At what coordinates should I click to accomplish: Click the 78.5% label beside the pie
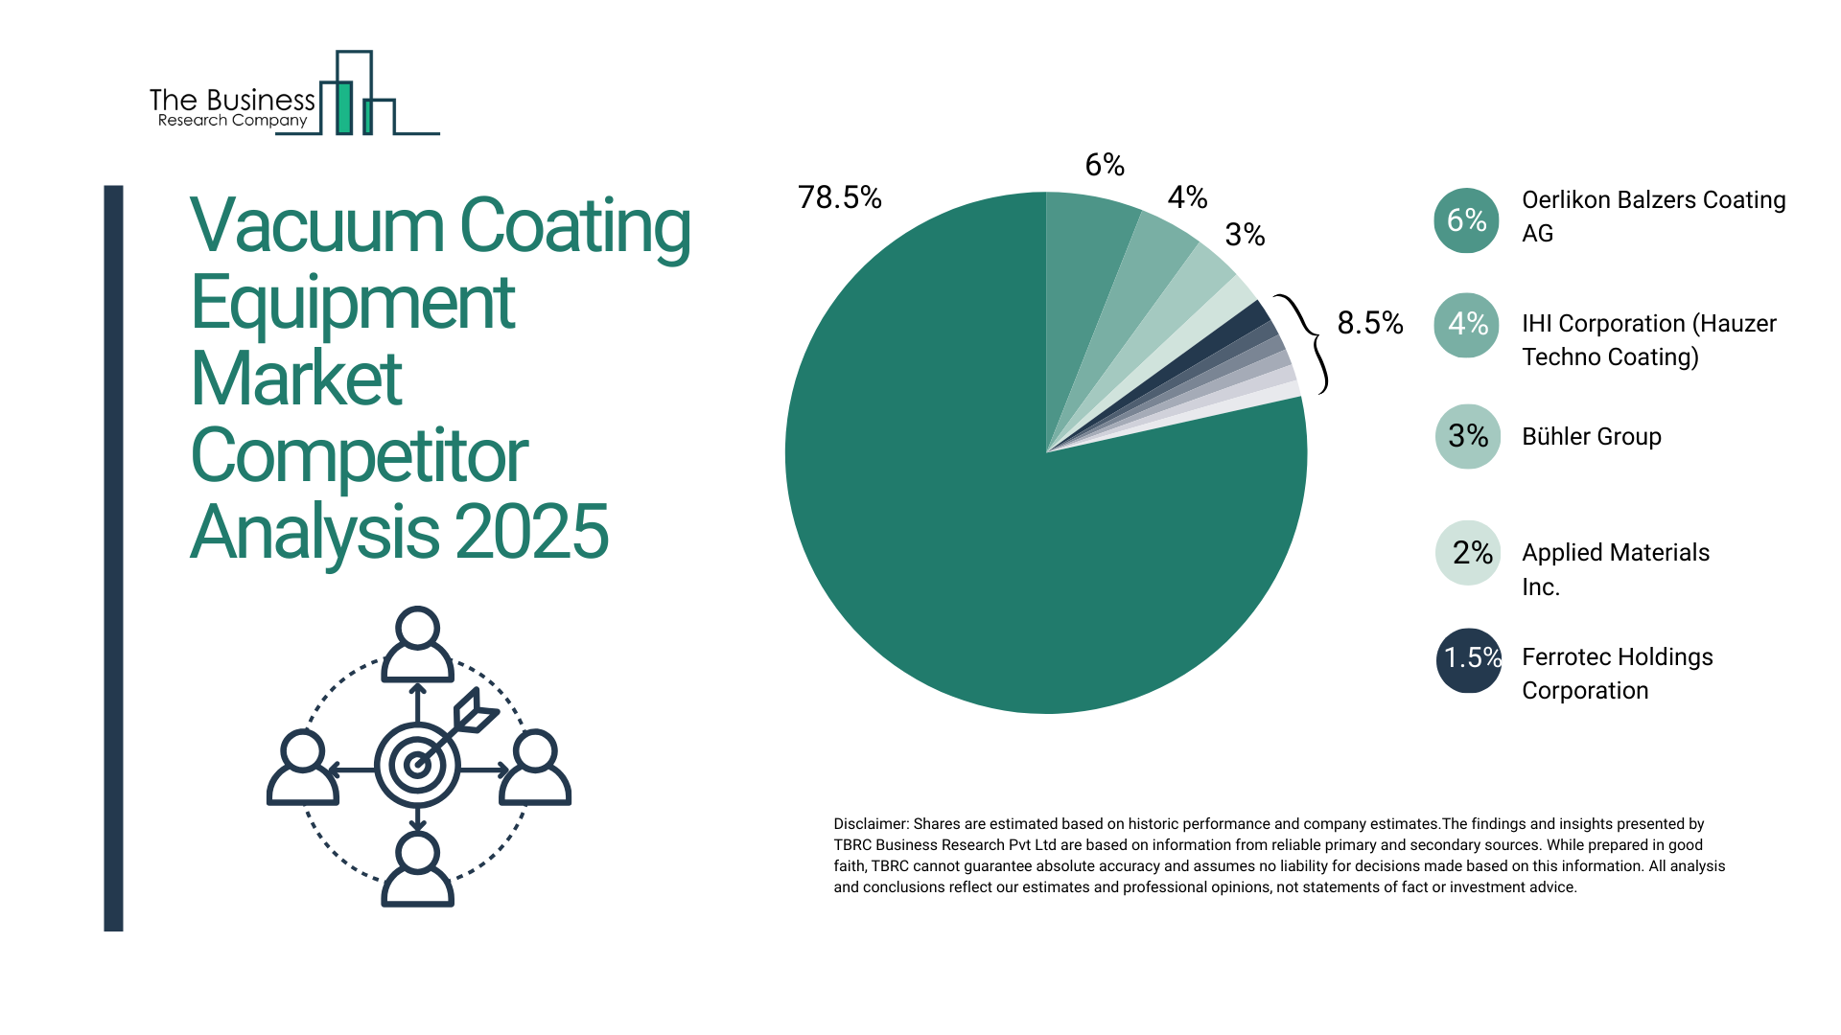[839, 197]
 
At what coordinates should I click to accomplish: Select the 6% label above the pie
[1105, 165]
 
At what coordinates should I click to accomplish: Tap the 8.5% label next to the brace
[1369, 323]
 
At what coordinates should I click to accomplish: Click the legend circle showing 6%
[1466, 220]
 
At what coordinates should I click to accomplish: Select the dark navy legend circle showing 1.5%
[1468, 659]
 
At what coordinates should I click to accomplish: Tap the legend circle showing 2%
[1468, 553]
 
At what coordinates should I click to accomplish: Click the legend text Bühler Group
[1591, 437]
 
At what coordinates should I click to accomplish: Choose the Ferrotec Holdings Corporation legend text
[1617, 674]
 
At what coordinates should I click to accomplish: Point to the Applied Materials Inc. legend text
[1615, 569]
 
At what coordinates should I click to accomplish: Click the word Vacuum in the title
[317, 226]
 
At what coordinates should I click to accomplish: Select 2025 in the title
[531, 533]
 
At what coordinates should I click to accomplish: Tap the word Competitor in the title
[359, 456]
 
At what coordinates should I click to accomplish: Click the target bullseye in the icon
[417, 765]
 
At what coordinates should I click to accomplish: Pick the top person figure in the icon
[417, 644]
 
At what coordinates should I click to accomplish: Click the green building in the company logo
[343, 107]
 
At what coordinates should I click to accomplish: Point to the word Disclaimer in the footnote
[870, 824]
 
